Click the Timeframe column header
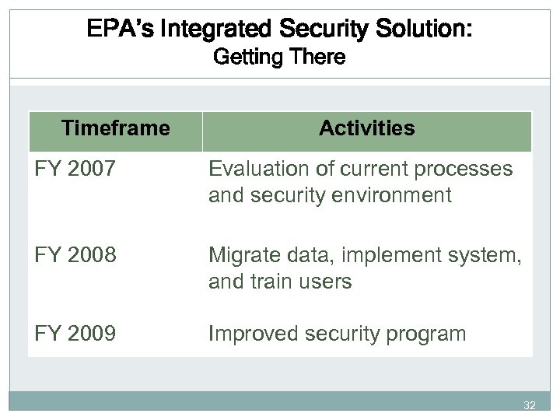115,128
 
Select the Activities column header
367,128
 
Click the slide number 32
530,405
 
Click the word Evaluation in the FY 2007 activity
254,169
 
